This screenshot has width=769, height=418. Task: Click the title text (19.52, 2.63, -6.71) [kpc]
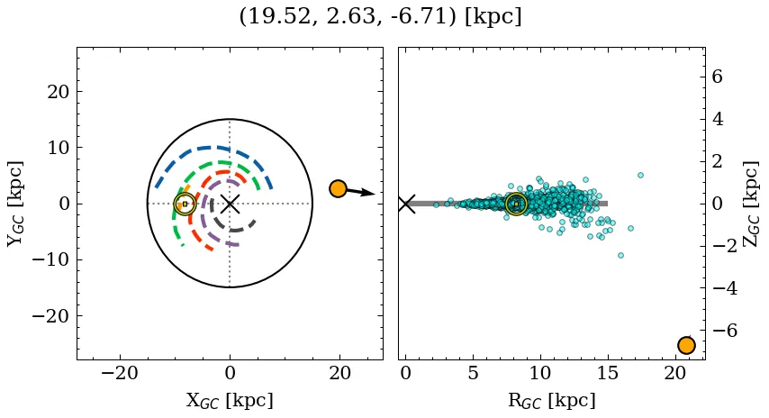coord(380,16)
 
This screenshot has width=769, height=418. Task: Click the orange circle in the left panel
coord(338,188)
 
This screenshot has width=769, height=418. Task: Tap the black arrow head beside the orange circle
coord(369,193)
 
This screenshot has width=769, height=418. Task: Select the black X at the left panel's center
coord(230,204)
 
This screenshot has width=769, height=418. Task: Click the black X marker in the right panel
coord(406,204)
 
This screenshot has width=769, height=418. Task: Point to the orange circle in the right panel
coord(686,345)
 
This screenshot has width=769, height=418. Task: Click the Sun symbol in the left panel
coord(185,204)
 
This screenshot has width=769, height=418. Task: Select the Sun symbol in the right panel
coord(516,204)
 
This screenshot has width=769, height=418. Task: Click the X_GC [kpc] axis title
coord(230,401)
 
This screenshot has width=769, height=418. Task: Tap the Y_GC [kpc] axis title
coord(15,204)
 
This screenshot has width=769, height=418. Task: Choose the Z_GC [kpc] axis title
coord(750,204)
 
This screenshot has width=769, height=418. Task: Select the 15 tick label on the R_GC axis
coord(606,375)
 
